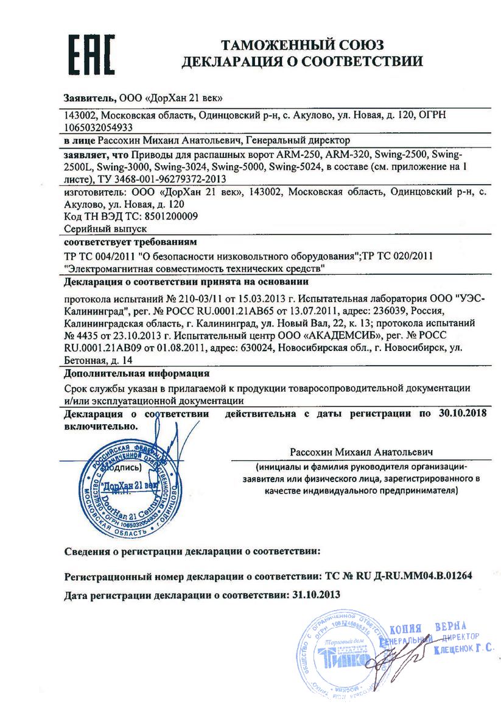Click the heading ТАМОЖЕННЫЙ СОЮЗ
click(x=302, y=45)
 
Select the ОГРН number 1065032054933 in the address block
click(x=99, y=127)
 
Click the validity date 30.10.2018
click(x=464, y=414)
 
